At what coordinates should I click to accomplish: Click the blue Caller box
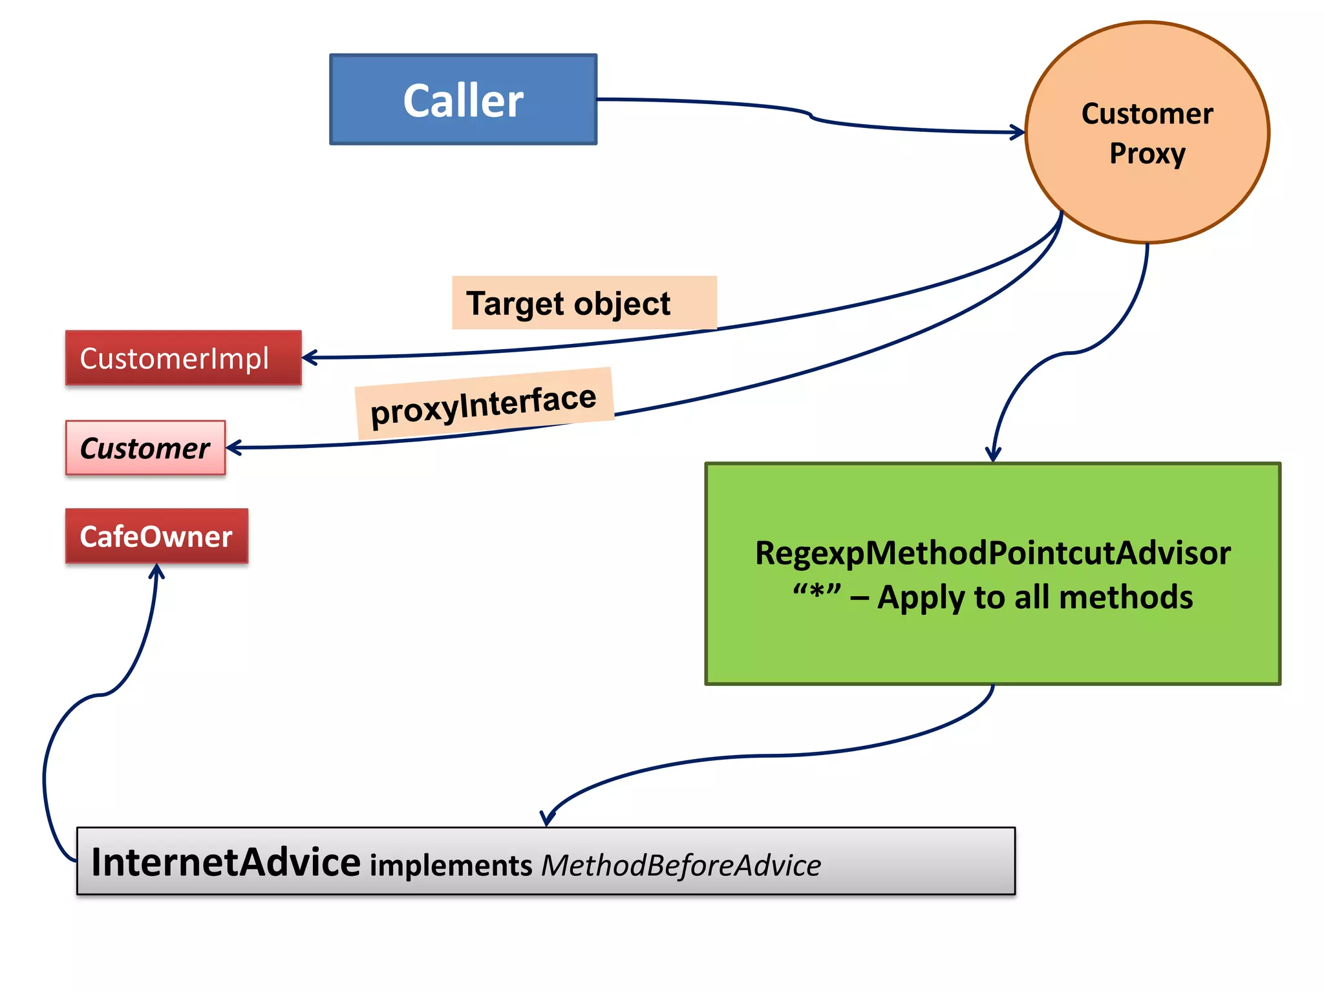tap(463, 100)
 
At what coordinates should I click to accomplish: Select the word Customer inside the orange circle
tap(1147, 114)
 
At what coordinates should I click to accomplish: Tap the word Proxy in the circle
tap(1147, 154)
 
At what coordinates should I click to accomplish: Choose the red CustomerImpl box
tap(183, 358)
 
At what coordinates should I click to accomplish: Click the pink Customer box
tap(145, 448)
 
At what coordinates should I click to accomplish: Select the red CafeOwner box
tap(156, 537)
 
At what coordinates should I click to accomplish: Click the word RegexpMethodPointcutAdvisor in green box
tap(992, 553)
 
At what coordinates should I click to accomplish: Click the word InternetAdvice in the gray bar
tap(226, 862)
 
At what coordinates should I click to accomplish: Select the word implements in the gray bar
tap(451, 866)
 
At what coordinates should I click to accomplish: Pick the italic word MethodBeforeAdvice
tap(681, 866)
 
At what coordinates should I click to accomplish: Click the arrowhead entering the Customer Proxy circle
tap(1018, 133)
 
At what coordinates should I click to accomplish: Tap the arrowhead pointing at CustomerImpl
tap(309, 358)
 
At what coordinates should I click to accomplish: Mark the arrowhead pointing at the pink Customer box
tap(233, 447)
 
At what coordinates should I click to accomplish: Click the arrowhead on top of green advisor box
tap(993, 455)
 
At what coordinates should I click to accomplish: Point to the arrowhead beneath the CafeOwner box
tap(156, 570)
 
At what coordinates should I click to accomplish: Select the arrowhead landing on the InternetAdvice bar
tap(547, 820)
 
